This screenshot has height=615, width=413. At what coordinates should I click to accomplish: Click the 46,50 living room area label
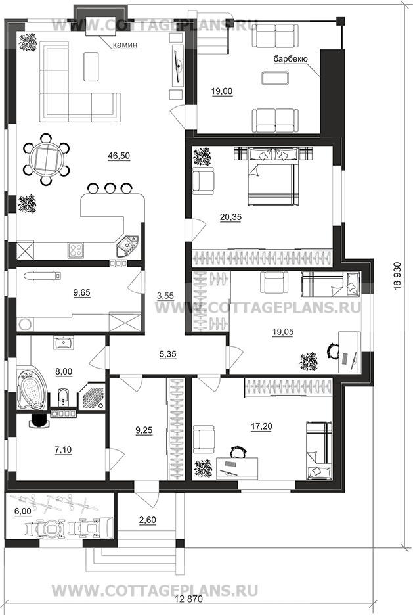coord(119,156)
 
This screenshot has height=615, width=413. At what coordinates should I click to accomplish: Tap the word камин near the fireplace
coord(125,45)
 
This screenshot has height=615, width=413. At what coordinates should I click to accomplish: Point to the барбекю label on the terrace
coord(291,59)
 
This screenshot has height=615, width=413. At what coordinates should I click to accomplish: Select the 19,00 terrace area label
coord(222,92)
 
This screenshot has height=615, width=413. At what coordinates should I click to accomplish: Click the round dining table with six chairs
coord(46,159)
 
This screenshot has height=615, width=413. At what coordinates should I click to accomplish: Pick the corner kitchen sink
coord(128,245)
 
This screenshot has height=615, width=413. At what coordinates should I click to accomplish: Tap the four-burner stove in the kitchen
coord(76,250)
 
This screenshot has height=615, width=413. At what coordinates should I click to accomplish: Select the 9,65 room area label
coord(82,292)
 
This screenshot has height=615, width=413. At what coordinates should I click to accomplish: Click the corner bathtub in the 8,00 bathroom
coord(32,390)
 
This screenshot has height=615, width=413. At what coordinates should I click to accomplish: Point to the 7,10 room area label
coord(63,450)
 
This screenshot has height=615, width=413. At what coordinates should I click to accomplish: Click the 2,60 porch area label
coord(147,520)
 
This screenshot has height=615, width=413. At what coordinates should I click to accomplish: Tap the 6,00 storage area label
coord(22,511)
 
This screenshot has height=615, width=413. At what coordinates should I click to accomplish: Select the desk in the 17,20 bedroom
coord(238,468)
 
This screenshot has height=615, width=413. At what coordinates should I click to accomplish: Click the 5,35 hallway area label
coord(167,355)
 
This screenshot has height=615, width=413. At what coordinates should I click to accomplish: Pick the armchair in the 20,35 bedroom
coord(204,181)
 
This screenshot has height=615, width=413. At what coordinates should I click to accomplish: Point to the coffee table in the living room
coord(91,66)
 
